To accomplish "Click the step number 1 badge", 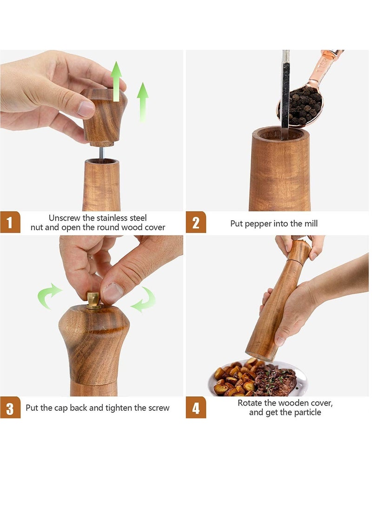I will [x=10, y=222].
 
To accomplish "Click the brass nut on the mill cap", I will [x=94, y=301].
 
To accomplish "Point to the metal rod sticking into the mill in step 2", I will [x=285, y=93].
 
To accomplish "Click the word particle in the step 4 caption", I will [x=307, y=412].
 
